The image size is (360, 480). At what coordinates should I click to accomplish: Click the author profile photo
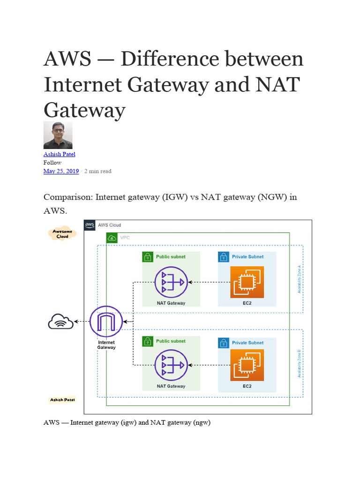(x=58, y=135)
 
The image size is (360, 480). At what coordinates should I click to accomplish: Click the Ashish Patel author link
(x=59, y=154)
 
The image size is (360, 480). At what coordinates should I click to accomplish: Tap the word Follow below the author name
(x=52, y=163)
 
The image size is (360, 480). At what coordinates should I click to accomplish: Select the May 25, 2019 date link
(x=61, y=171)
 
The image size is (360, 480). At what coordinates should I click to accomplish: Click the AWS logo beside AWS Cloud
(x=90, y=225)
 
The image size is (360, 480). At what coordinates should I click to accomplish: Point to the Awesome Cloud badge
(x=62, y=233)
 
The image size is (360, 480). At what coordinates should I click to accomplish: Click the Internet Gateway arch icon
(x=106, y=322)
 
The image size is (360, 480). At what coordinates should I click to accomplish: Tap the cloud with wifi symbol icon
(x=60, y=322)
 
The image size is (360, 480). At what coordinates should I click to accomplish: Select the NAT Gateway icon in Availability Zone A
(x=171, y=282)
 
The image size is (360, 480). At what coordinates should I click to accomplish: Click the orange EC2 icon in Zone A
(x=247, y=282)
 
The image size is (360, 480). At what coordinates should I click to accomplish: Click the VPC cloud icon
(x=112, y=238)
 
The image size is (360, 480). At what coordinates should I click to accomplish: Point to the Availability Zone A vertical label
(x=299, y=279)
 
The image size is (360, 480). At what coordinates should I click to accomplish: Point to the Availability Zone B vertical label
(x=299, y=363)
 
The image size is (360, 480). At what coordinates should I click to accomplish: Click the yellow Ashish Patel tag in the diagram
(x=62, y=400)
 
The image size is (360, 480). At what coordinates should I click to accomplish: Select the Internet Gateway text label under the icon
(x=106, y=345)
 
